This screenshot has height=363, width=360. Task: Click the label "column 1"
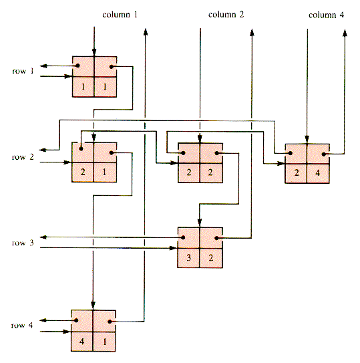[120, 15]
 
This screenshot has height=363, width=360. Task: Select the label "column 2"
[226, 15]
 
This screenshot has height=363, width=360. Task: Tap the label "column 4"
[326, 15]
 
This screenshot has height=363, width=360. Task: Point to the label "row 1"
[23, 71]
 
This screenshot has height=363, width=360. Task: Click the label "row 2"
[23, 157]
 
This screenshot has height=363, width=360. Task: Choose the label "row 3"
[23, 243]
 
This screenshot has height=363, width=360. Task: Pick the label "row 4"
[22, 326]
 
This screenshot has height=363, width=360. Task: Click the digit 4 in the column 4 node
[318, 172]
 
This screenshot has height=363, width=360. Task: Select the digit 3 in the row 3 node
[188, 257]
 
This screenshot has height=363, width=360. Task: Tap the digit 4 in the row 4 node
[81, 341]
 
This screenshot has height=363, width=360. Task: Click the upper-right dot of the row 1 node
[112, 67]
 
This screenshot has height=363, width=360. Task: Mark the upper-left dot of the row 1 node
[77, 66]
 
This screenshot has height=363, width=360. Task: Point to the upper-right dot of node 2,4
[324, 154]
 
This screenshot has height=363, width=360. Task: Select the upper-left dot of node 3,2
[183, 237]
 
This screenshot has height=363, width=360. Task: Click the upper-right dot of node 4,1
[110, 322]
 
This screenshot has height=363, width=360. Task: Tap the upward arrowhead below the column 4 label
[345, 33]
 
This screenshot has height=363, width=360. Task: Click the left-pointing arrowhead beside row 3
[43, 237]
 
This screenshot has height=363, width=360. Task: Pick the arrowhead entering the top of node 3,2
[200, 222]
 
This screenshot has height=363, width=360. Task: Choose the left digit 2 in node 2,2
[189, 172]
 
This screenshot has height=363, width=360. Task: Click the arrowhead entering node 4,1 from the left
[67, 332]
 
